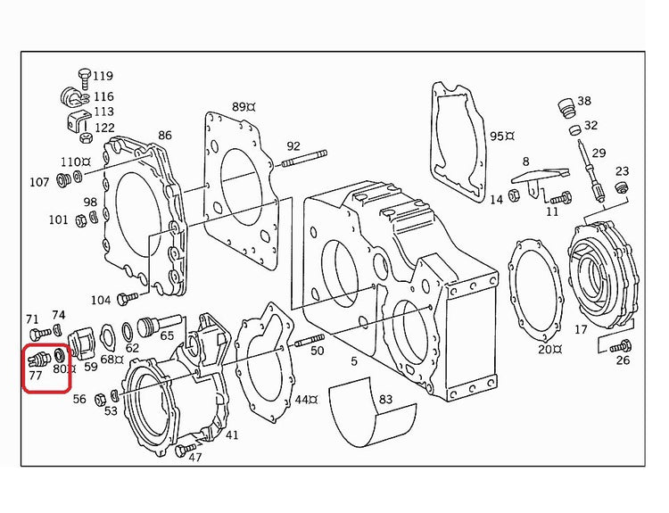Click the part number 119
(x=103, y=76)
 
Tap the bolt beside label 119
(x=84, y=79)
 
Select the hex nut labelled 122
(x=86, y=138)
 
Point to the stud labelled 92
(x=304, y=158)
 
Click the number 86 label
(x=165, y=136)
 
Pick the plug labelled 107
(x=63, y=180)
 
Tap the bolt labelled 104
(x=128, y=297)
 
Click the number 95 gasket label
(x=497, y=137)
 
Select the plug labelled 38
(x=566, y=109)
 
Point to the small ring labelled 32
(x=574, y=130)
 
